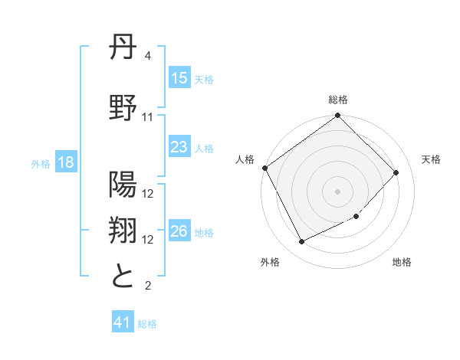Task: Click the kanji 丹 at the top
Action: pos(123,51)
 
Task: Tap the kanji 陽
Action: pos(123,185)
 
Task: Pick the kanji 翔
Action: pos(123,231)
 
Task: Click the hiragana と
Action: pos(123,276)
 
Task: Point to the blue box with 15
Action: pos(179,78)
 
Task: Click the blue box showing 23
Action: pos(179,148)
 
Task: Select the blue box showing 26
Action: pos(179,232)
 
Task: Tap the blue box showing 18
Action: pos(65,163)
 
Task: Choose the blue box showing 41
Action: pos(123,323)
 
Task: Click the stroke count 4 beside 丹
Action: pos(148,56)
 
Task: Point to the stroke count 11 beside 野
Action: pos(148,116)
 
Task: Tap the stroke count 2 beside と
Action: pos(148,286)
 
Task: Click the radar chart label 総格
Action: pos(338,100)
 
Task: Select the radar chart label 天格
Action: pos(431,159)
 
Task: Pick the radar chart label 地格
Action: pos(402,262)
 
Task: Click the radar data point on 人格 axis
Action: pos(265,168)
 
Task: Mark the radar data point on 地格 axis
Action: pos(356,217)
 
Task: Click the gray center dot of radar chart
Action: pos(338,191)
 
